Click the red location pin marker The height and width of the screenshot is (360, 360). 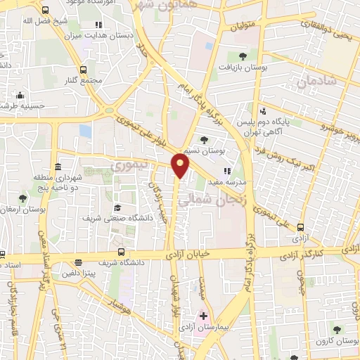click(181, 167)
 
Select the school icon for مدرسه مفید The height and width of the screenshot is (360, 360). click(226, 171)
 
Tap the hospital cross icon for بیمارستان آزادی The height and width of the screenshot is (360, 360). click(203, 316)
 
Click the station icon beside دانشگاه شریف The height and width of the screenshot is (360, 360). click(122, 252)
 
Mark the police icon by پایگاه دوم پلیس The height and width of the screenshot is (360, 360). click(263, 110)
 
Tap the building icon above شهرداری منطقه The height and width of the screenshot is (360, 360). click(57, 166)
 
